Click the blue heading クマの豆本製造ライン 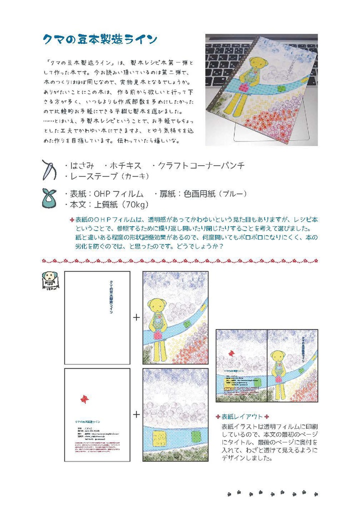click(x=100, y=39)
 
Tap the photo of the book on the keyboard click(x=261, y=89)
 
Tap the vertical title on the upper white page click(x=110, y=296)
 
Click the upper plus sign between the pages click(x=136, y=317)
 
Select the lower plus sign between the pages click(x=136, y=414)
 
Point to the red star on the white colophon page click(x=84, y=398)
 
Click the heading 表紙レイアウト click(x=242, y=416)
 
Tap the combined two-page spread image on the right click(x=266, y=365)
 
